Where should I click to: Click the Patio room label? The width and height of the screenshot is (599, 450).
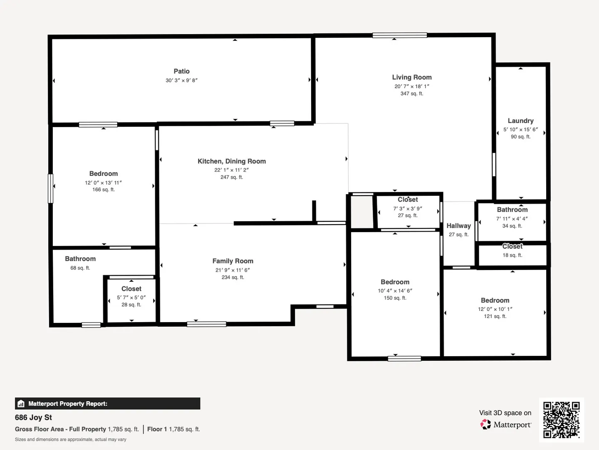point(181,71)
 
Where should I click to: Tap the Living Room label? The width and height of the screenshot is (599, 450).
point(412,77)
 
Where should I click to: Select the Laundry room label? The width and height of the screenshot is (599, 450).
point(520,121)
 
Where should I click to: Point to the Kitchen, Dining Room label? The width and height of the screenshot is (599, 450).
point(232,161)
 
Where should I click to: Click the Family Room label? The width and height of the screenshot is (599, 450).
point(233,261)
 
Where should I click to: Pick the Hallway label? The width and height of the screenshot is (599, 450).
point(459,226)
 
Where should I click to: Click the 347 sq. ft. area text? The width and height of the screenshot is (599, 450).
point(412,93)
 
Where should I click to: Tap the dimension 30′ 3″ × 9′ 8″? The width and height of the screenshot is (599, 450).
point(181,80)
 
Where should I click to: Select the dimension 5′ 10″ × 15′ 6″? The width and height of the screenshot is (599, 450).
point(520,130)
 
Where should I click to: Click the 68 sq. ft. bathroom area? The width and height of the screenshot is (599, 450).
point(80,268)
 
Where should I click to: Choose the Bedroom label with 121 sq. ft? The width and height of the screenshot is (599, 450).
point(495,300)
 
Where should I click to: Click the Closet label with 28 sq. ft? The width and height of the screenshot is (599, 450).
point(131,289)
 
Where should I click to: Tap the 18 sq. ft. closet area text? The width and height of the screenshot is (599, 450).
point(512,255)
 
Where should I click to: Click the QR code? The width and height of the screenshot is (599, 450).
point(561,420)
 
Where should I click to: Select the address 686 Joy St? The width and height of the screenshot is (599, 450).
point(33,417)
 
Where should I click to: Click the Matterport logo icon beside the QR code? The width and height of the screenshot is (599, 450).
point(485,424)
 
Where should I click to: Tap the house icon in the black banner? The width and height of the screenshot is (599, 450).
point(21,404)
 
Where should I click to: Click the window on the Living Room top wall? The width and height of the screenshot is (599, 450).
point(399,35)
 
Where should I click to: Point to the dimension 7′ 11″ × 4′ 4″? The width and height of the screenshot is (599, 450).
point(512,219)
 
